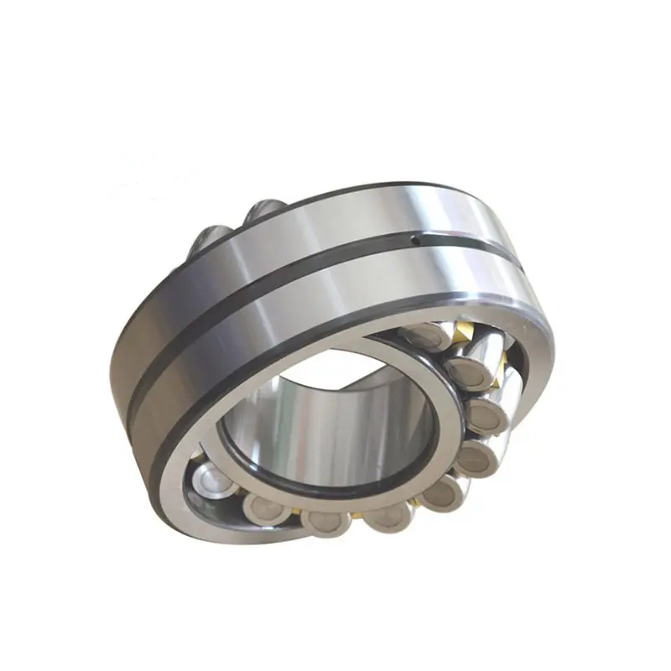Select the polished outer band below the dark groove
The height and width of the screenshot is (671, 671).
pos(277,335)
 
